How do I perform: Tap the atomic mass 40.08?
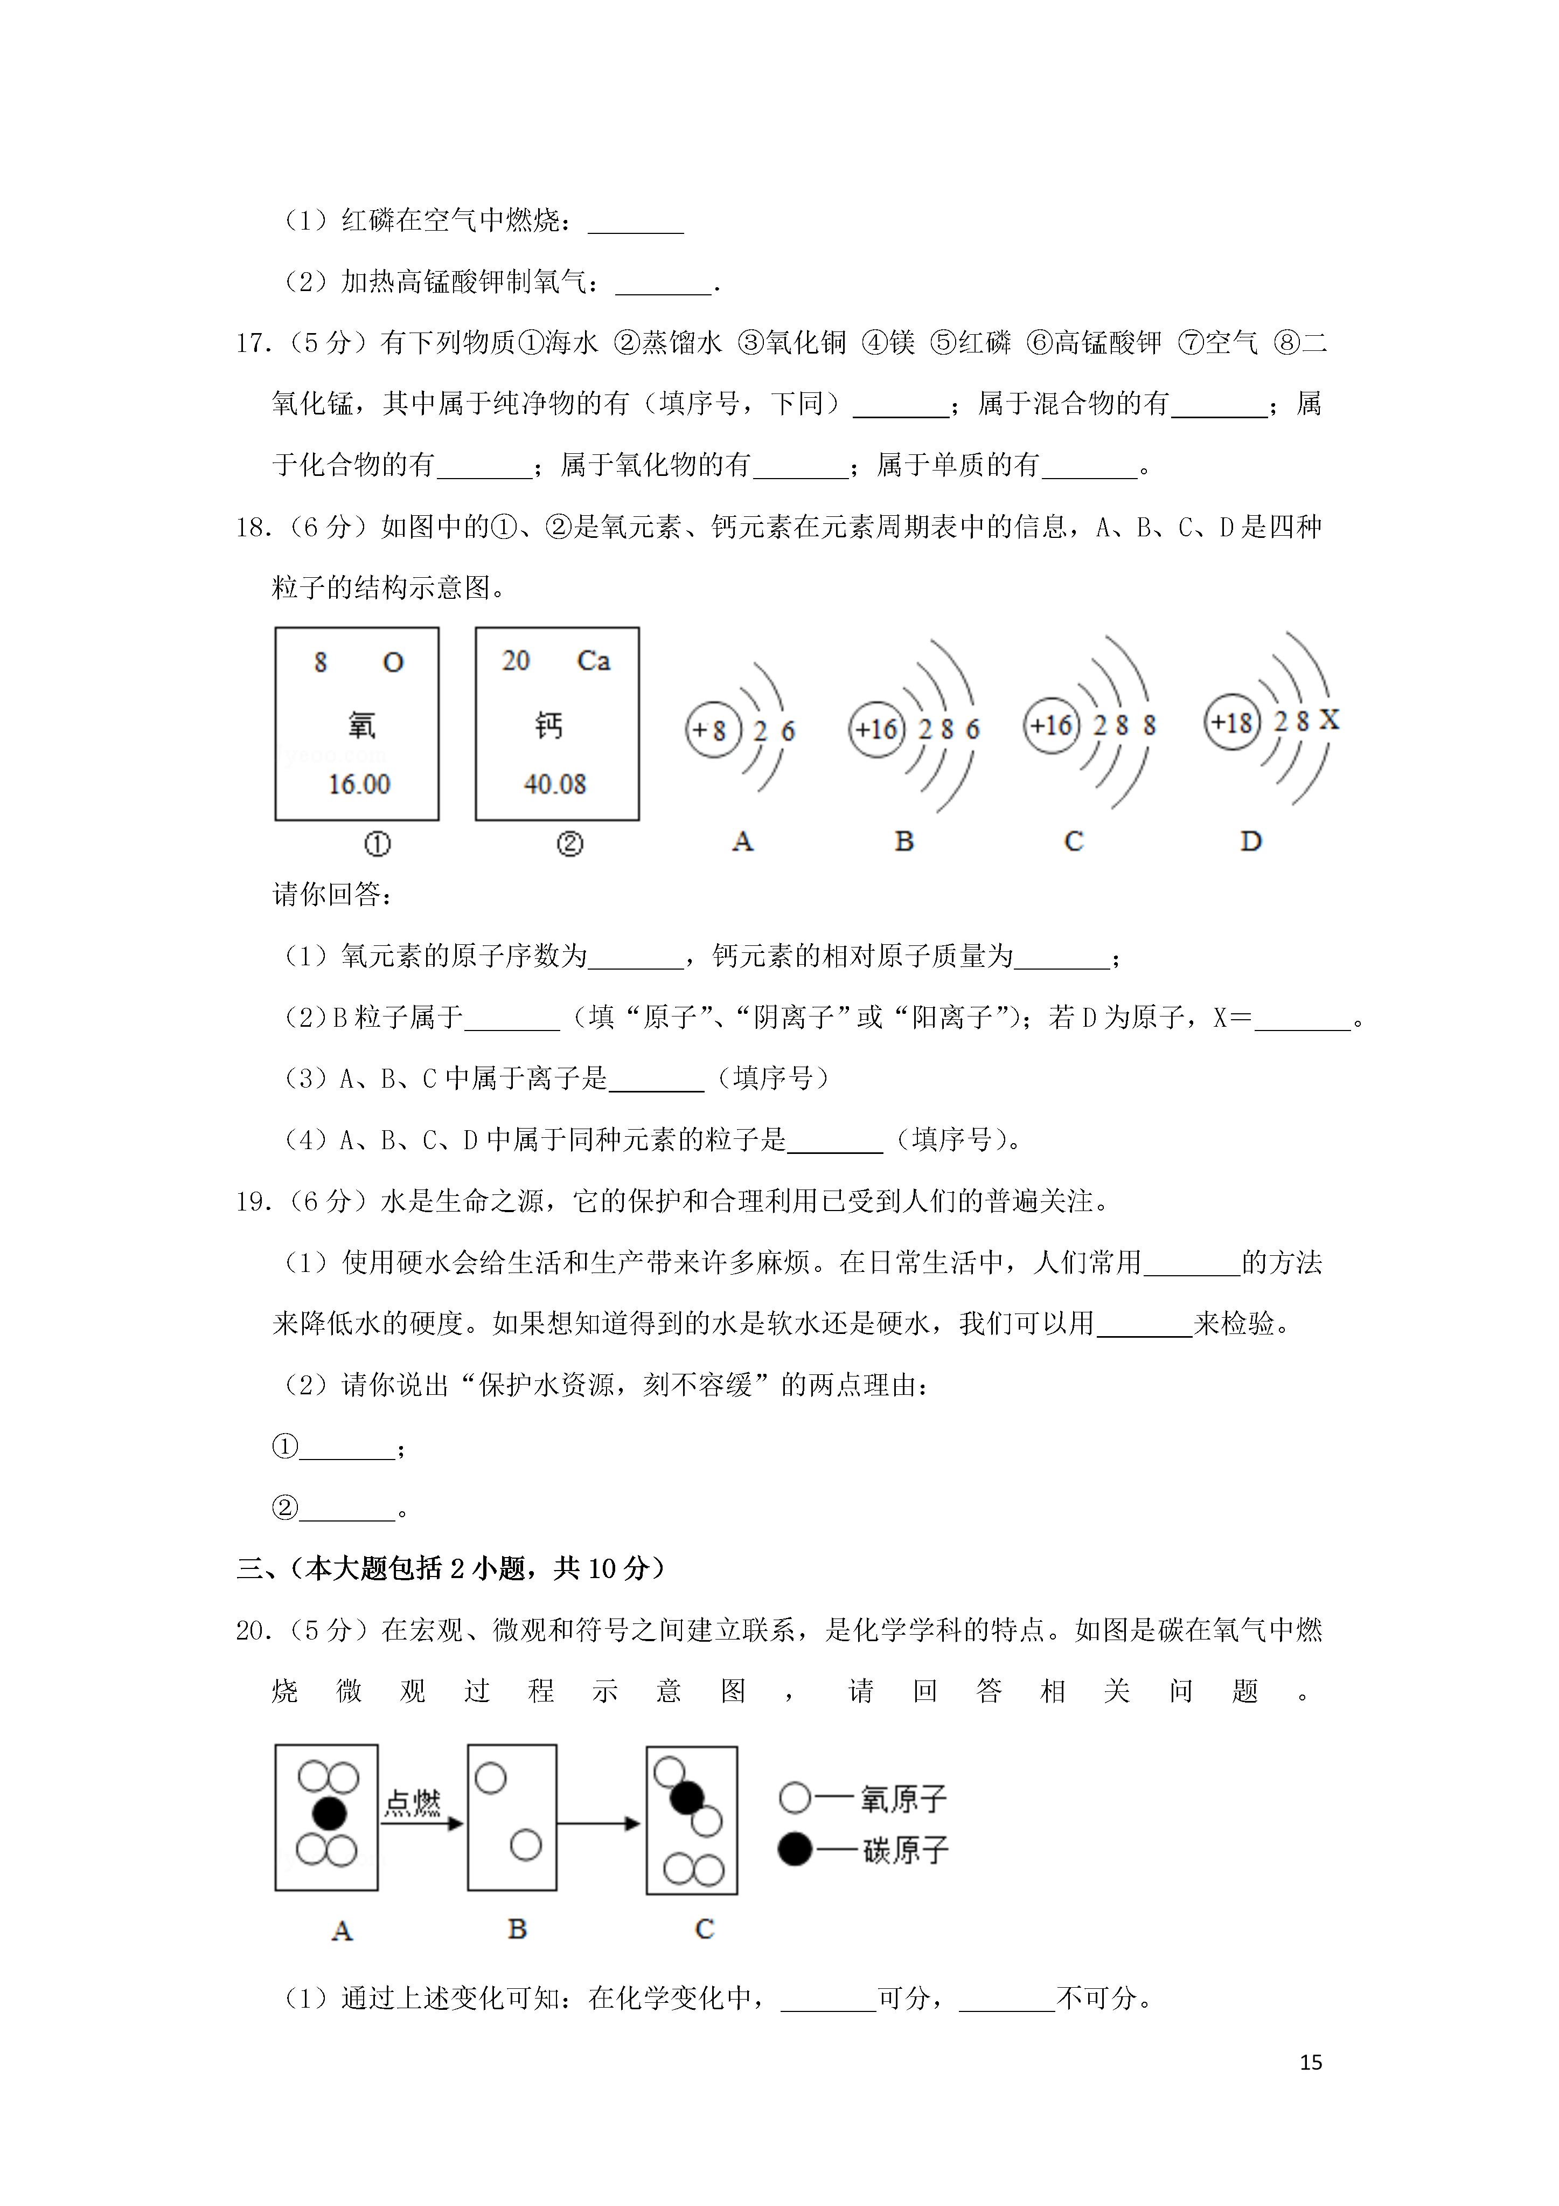click(554, 784)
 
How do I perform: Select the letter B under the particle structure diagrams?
click(904, 842)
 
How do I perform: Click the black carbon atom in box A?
click(329, 1813)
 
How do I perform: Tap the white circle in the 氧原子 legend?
click(795, 1797)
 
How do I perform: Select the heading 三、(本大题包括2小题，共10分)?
click(450, 1569)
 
